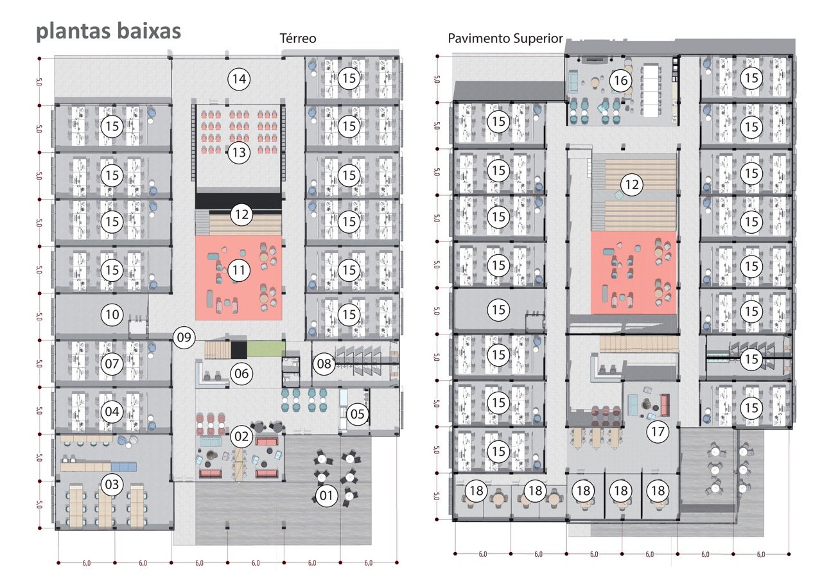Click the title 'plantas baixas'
point(108,31)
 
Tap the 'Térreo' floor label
point(297,39)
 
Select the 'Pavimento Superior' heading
point(505,39)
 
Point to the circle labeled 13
point(239,153)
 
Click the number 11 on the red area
point(239,270)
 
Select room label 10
point(112,315)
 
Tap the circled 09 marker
point(184,337)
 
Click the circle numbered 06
point(241,374)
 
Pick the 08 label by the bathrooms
point(324,365)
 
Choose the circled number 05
point(358,414)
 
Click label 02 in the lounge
point(241,437)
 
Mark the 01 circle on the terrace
point(327,496)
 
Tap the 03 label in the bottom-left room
point(112,485)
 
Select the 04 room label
point(112,412)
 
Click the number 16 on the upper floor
point(620,81)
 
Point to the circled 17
point(657,432)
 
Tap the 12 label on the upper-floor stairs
point(633,185)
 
